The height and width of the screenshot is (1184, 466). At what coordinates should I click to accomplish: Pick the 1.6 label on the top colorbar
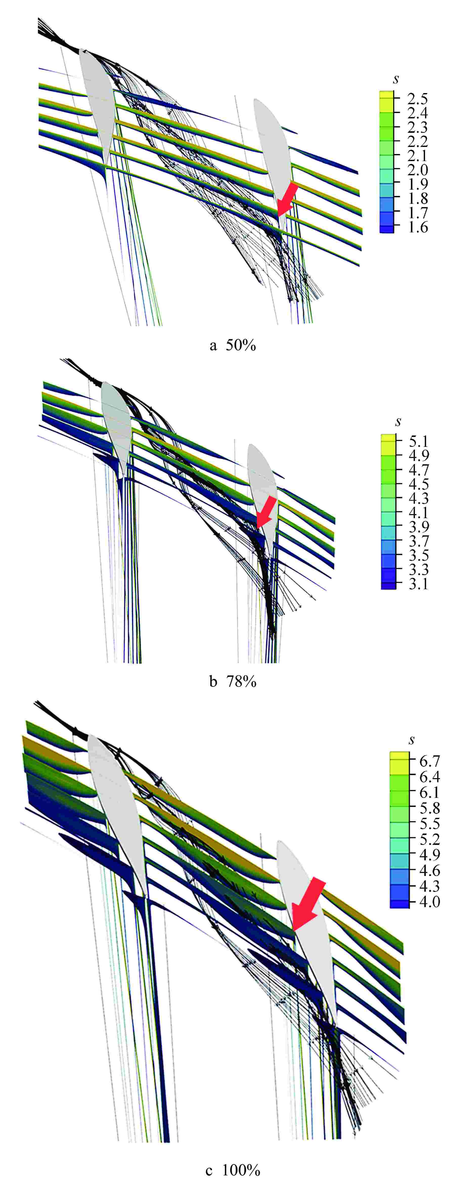[417, 227]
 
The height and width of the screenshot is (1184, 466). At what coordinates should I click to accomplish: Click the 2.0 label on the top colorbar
[417, 170]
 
